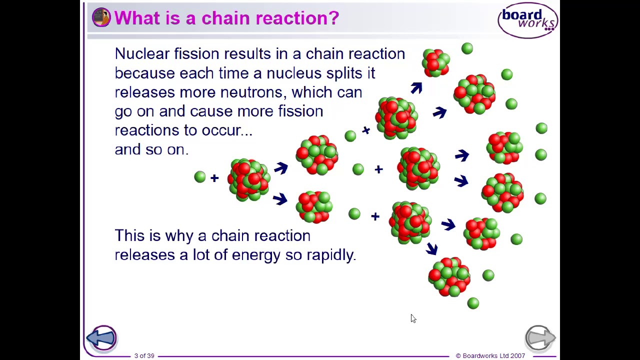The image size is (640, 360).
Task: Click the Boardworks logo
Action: pyautogui.click(x=527, y=20)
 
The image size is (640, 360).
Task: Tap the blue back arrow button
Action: pyautogui.click(x=101, y=338)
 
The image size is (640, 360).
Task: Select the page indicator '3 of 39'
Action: pyautogui.click(x=144, y=355)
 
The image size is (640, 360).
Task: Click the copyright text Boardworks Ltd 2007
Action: pyautogui.click(x=490, y=355)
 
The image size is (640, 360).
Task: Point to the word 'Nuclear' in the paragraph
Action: pyautogui.click(x=142, y=54)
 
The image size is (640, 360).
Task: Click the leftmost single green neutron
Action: pyautogui.click(x=199, y=176)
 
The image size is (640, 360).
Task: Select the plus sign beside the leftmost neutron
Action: pyautogui.click(x=214, y=178)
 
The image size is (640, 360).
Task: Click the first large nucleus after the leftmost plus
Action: pyautogui.click(x=248, y=179)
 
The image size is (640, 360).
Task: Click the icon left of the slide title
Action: pyautogui.click(x=101, y=17)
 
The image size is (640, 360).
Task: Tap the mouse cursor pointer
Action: pyautogui.click(x=413, y=318)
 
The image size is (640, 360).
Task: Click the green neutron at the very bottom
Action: pyautogui.click(x=473, y=303)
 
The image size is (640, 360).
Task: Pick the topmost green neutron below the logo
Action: pyautogui.click(x=467, y=48)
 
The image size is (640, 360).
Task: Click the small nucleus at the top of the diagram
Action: pyautogui.click(x=435, y=63)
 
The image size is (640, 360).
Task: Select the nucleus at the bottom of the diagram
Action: pyautogui.click(x=448, y=277)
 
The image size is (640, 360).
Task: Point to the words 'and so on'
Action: pyautogui.click(x=151, y=149)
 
